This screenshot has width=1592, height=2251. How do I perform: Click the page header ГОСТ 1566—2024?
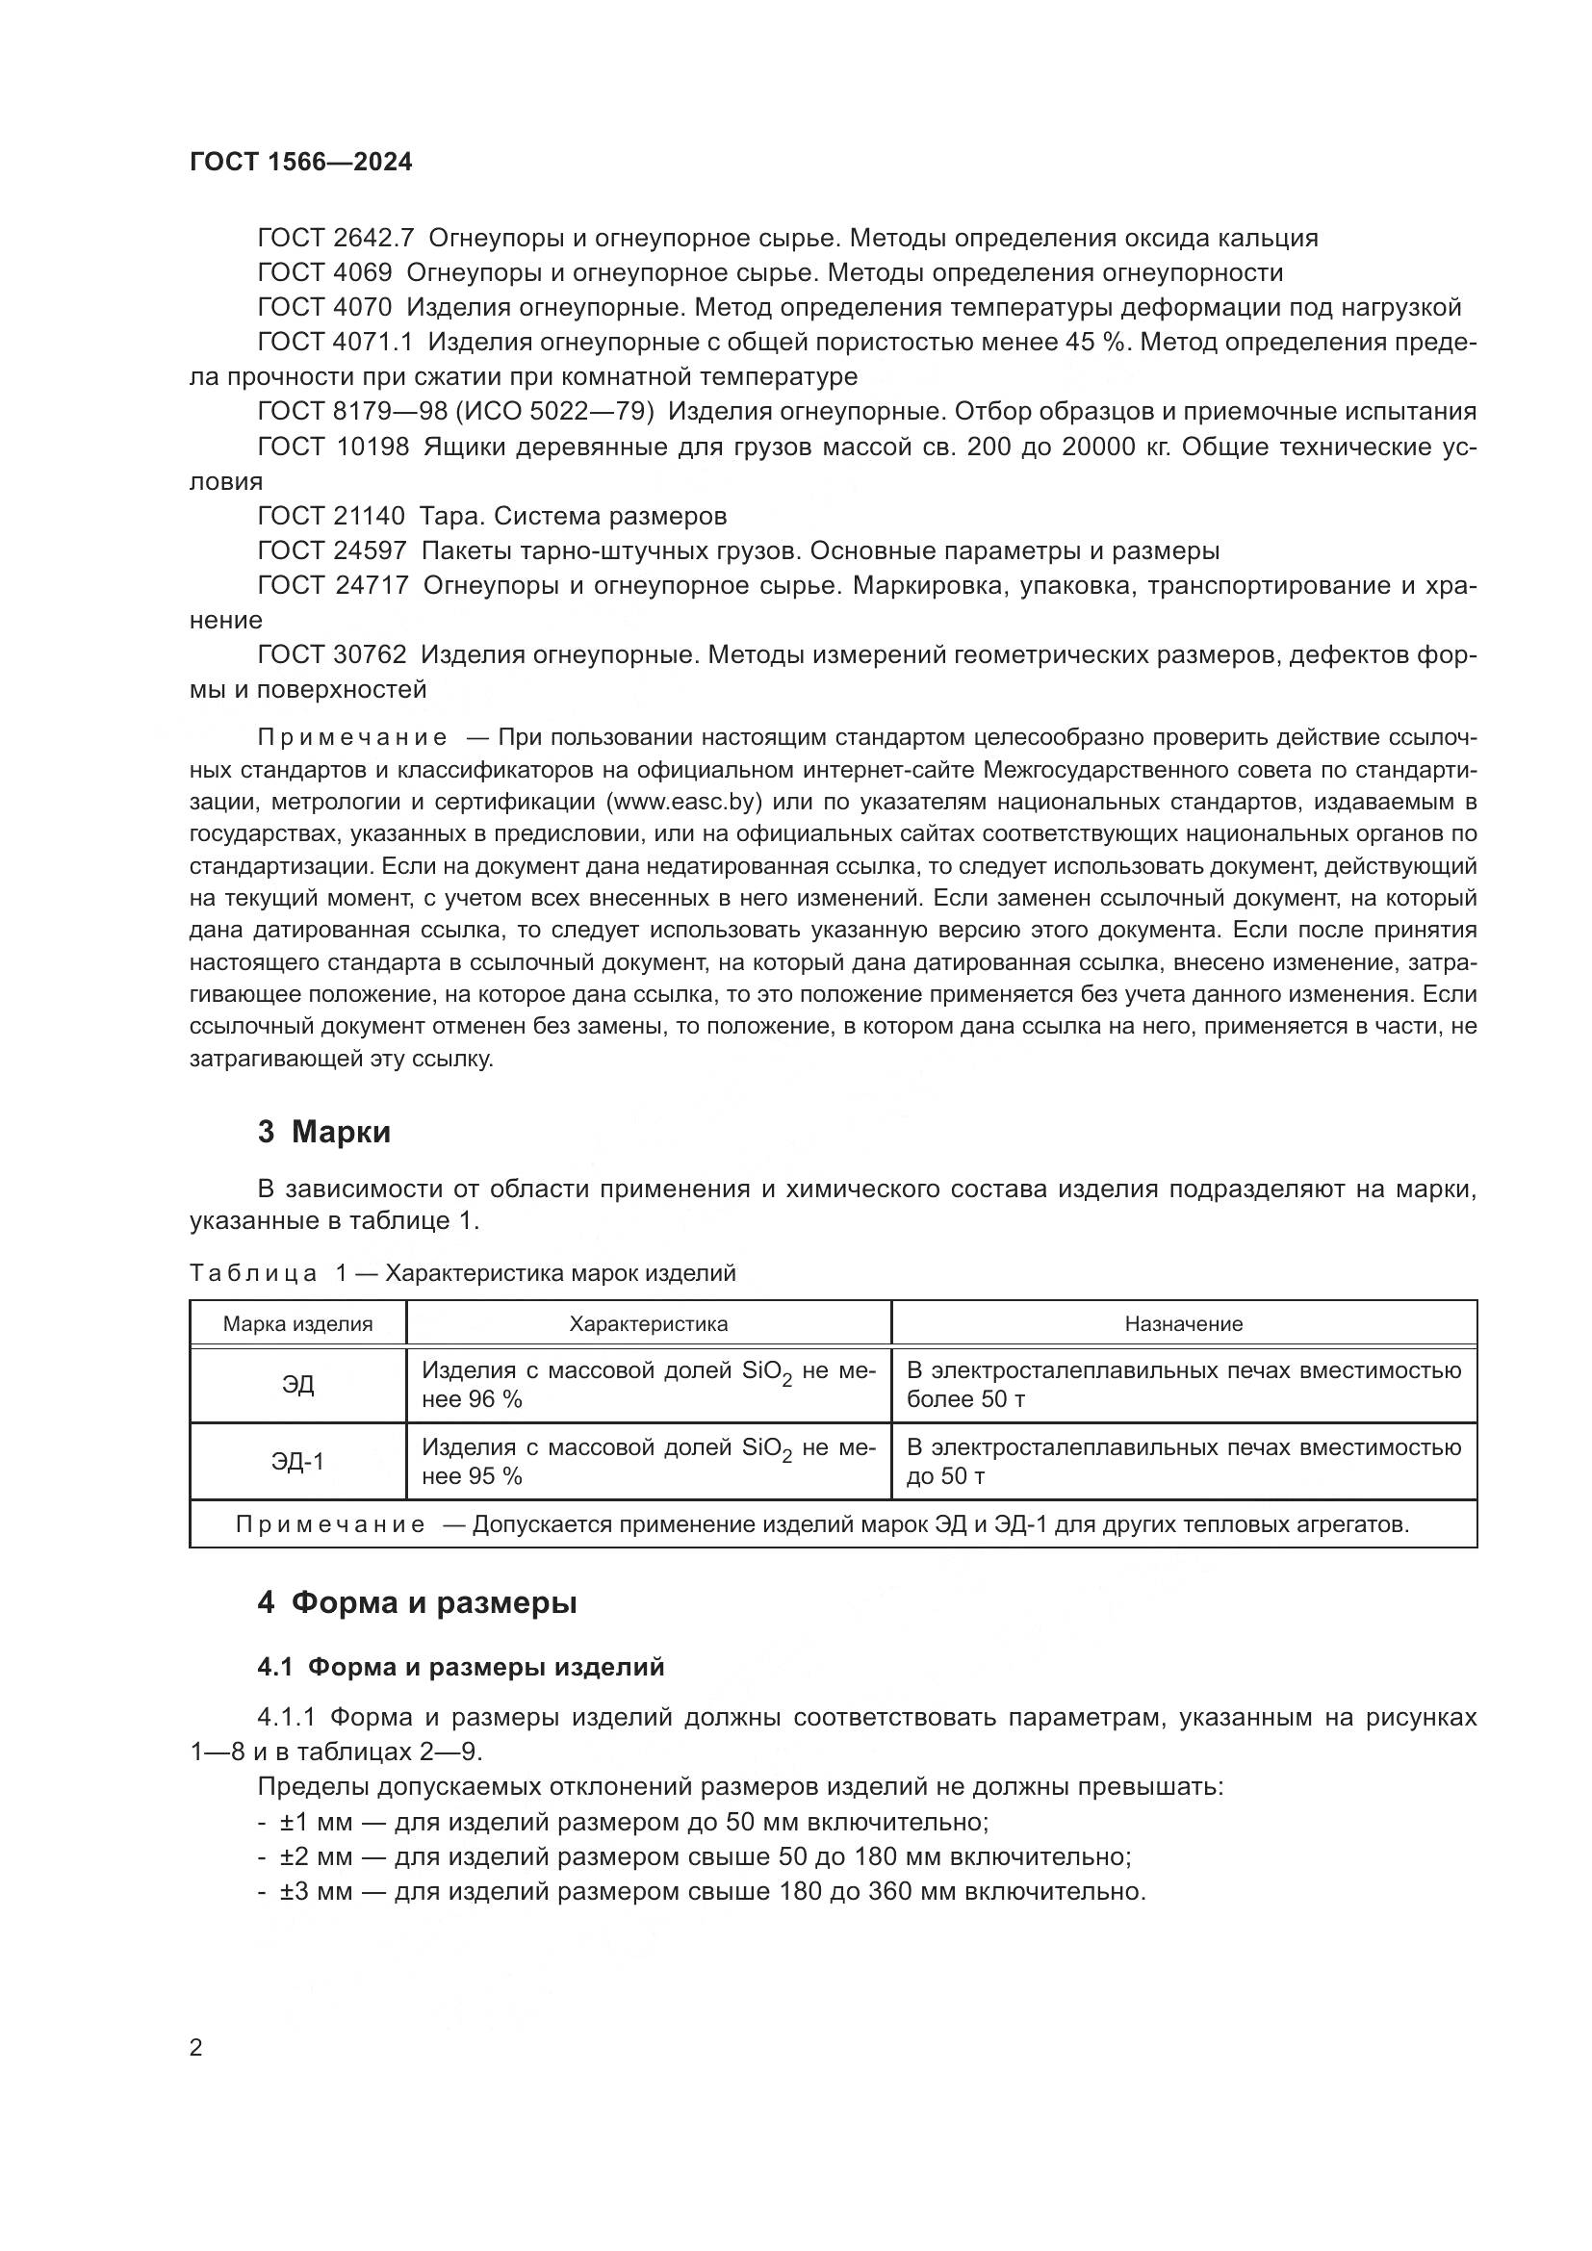[x=301, y=163]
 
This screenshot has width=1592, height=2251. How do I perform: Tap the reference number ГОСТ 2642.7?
[x=336, y=239]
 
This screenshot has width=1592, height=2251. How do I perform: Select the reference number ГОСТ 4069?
[x=324, y=272]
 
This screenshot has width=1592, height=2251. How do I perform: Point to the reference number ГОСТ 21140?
[x=330, y=516]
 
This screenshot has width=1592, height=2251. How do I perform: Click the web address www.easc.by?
[x=685, y=803]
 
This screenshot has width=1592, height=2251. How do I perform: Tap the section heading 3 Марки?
[x=323, y=1133]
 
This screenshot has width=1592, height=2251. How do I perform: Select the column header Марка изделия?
[x=298, y=1324]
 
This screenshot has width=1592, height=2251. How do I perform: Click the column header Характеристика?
[x=649, y=1324]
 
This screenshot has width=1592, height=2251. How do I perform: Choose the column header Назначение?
[x=1183, y=1324]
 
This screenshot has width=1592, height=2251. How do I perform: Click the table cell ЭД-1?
[x=298, y=1462]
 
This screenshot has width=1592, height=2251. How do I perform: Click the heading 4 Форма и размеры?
[x=417, y=1603]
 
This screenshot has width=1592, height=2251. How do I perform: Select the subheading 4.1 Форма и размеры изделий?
[x=461, y=1668]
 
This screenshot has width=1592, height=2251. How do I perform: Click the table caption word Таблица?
[x=253, y=1274]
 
